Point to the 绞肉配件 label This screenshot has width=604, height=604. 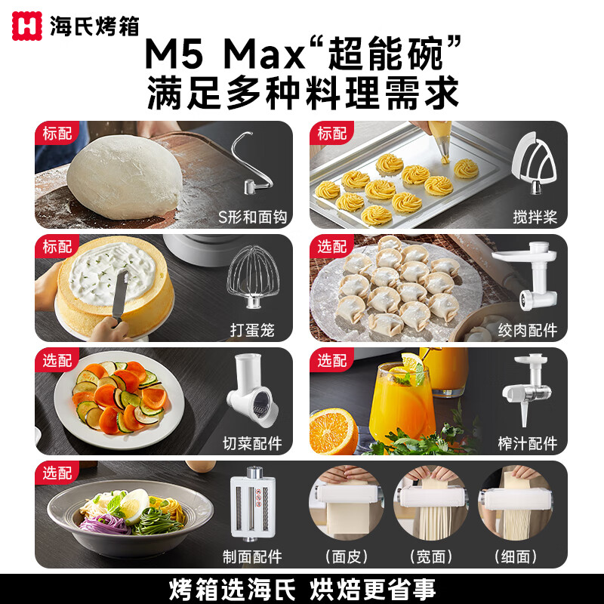pyautogui.click(x=528, y=331)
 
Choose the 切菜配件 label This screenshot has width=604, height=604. pyautogui.click(x=252, y=443)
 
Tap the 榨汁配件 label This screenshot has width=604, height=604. pyautogui.click(x=528, y=443)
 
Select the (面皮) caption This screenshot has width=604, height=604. pyautogui.click(x=346, y=556)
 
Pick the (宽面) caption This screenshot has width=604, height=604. pyautogui.click(x=430, y=556)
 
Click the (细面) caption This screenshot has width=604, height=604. pyautogui.click(x=516, y=556)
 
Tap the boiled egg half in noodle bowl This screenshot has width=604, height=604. pyautogui.click(x=134, y=503)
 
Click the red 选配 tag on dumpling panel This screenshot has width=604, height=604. pyautogui.click(x=332, y=247)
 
